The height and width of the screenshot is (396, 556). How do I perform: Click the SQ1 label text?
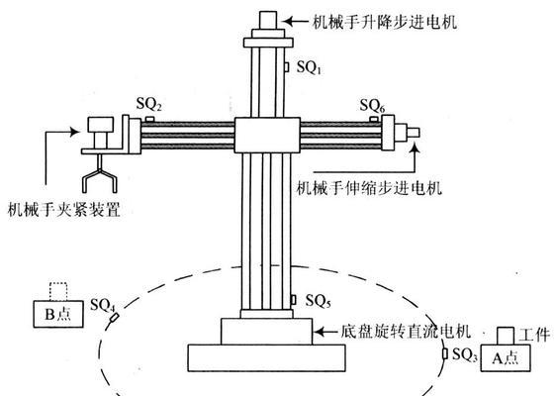[309, 67]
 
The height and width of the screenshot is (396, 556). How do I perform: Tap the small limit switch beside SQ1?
[287, 66]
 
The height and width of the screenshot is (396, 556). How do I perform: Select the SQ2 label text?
[149, 104]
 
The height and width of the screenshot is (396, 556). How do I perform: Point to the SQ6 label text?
[372, 106]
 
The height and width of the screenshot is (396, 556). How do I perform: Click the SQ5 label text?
[319, 301]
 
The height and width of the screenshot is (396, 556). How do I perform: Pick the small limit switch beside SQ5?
[293, 300]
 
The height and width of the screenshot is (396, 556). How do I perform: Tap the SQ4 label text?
[103, 306]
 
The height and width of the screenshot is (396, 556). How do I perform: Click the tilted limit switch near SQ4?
[114, 317]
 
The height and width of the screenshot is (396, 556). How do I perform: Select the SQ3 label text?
[465, 354]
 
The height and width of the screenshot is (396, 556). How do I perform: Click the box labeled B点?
[58, 314]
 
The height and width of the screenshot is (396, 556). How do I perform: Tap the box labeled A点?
[506, 357]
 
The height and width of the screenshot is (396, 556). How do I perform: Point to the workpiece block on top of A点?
[506, 336]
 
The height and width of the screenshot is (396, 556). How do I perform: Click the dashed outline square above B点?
[58, 292]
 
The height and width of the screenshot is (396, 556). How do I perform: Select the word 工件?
[534, 335]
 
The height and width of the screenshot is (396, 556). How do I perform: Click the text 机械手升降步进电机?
[385, 22]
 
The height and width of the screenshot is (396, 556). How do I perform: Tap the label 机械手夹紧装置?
[64, 209]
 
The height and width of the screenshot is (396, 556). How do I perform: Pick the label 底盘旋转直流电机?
[406, 332]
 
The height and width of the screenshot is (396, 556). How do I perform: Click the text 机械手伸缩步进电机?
[369, 188]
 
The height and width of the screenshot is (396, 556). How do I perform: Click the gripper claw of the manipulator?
[100, 174]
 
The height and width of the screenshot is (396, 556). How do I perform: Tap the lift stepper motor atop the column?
[268, 20]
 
